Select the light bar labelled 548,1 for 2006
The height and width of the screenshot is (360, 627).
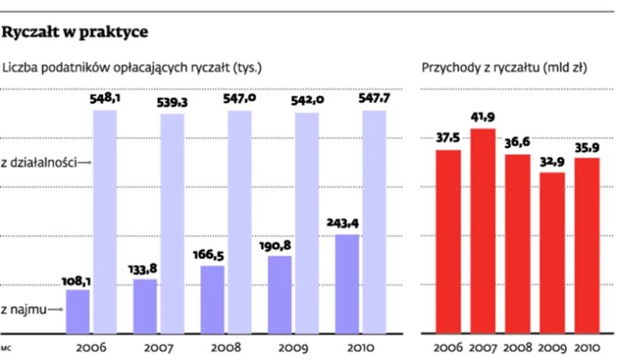(x=105, y=222)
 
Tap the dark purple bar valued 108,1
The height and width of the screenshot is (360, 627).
(x=78, y=312)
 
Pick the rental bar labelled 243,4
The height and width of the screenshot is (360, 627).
(x=347, y=284)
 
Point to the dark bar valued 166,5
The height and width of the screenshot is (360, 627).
(x=213, y=300)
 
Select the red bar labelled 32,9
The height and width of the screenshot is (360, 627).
(x=551, y=253)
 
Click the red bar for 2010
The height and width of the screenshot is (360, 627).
(x=586, y=246)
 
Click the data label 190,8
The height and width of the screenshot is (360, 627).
(x=280, y=245)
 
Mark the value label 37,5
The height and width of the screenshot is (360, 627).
(x=448, y=139)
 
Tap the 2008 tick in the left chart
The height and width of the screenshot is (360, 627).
(x=225, y=347)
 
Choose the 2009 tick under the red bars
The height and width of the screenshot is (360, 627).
(x=551, y=347)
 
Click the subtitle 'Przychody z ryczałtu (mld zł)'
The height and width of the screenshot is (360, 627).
(x=504, y=68)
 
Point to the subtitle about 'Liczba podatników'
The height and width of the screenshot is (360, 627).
(x=132, y=68)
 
